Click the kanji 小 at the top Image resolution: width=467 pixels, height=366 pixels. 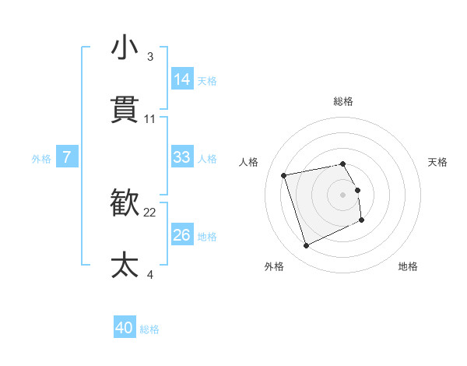click(125, 48)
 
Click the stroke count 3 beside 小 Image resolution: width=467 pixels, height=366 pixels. click(150, 57)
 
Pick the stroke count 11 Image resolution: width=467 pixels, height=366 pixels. click(150, 119)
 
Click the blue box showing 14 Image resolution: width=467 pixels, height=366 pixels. click(182, 79)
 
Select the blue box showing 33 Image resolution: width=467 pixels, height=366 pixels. click(182, 157)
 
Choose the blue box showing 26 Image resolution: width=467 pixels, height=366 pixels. click(182, 235)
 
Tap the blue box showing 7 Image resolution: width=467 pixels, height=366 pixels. click(67, 157)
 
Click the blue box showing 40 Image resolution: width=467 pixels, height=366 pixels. click(125, 328)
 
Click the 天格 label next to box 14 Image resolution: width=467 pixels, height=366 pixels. click(207, 80)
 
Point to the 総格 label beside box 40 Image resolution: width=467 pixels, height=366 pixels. click(149, 329)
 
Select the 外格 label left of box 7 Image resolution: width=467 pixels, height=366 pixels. click(41, 159)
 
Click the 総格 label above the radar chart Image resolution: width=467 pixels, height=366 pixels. click(343, 101)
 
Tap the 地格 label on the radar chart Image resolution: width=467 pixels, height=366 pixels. click(408, 266)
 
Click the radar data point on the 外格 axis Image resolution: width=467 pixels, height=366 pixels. click(306, 246)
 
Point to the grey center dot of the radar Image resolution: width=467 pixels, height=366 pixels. click(343, 195)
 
